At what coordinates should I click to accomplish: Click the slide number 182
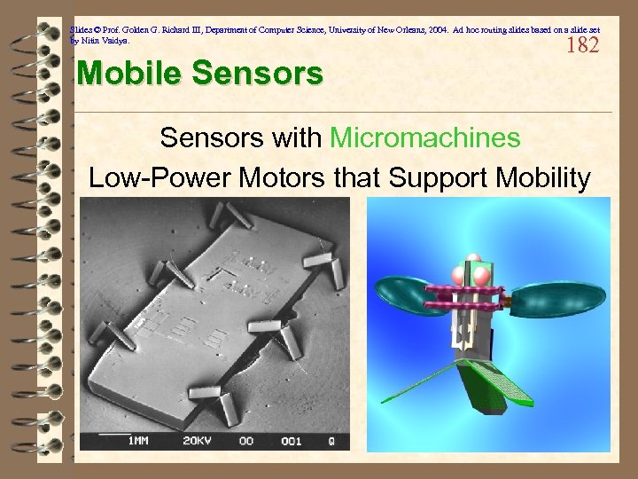tap(582, 45)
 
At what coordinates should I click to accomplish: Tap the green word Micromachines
tap(424, 137)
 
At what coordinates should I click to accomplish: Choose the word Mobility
tap(539, 178)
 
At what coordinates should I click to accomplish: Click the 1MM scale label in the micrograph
tap(138, 441)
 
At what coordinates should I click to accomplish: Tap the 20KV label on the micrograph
tap(196, 441)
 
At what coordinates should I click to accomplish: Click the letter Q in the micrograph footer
tap(331, 441)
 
